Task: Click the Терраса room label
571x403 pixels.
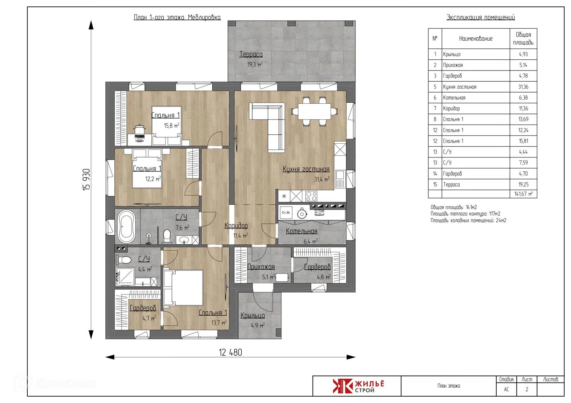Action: point(251,54)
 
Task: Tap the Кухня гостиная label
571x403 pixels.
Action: point(306,169)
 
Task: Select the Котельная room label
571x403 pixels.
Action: point(302,231)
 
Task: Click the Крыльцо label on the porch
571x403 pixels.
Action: point(253,316)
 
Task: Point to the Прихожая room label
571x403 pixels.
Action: point(261,267)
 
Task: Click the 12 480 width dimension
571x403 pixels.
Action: point(231,353)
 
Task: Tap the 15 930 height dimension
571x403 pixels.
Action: point(86,180)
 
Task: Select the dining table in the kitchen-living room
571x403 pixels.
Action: point(314,111)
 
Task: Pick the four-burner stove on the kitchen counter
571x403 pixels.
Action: point(311,196)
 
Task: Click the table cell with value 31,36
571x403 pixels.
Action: point(523,87)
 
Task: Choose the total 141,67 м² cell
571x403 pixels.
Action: point(523,194)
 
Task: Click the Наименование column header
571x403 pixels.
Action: point(476,39)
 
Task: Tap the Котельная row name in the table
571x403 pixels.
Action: point(454,98)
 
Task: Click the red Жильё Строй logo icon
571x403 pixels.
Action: point(343,386)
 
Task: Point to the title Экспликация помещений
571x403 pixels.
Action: point(481,17)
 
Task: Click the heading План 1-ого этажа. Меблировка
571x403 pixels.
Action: point(177,17)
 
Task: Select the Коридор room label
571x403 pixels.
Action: point(236,225)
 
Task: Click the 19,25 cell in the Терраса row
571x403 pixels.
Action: point(523,185)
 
